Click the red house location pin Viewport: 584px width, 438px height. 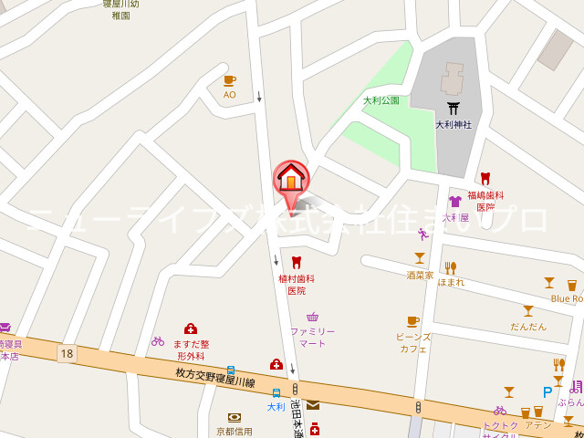(291, 177)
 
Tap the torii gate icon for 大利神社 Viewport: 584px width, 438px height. (453, 109)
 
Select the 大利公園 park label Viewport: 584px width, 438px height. (381, 100)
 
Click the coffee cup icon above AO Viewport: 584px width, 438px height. (229, 80)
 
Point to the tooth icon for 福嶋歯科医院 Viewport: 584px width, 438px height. (485, 179)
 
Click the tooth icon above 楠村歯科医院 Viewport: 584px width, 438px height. (296, 263)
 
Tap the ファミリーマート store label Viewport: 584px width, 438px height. (313, 337)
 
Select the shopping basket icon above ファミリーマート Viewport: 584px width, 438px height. (313, 317)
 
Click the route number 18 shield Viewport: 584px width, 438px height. (66, 353)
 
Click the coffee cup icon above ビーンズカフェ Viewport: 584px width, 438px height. (412, 321)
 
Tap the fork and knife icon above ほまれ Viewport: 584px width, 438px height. (450, 267)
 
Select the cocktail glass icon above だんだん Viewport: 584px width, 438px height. (527, 311)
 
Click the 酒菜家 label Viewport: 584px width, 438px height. (420, 274)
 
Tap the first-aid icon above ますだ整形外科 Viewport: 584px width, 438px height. (191, 328)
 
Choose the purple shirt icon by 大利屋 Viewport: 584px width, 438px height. (454, 202)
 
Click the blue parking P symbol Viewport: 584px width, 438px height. (547, 392)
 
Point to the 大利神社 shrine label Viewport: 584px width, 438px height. (453, 125)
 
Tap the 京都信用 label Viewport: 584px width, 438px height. (235, 431)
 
